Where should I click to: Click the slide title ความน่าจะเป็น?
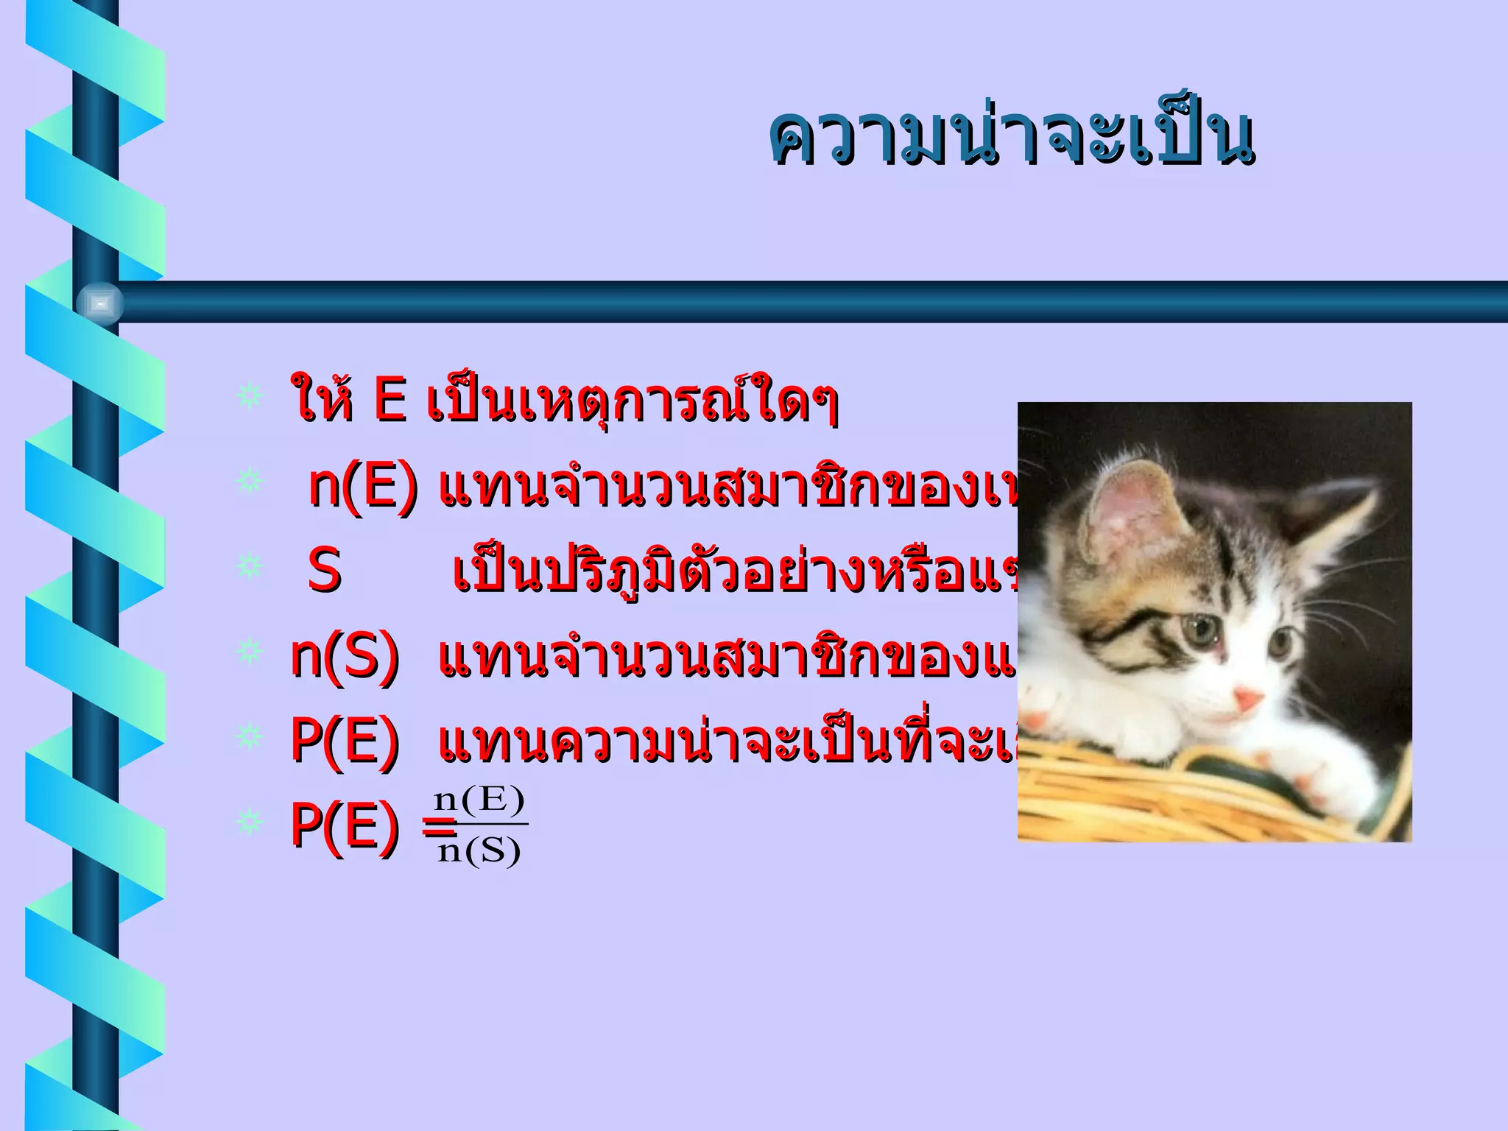(x=1011, y=138)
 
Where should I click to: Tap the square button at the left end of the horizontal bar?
(x=100, y=303)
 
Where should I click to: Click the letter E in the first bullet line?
(x=390, y=400)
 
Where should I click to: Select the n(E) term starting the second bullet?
(x=362, y=487)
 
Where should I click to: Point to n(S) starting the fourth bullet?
(x=345, y=655)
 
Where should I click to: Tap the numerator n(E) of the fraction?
(x=479, y=800)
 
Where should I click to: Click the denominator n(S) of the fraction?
(x=479, y=852)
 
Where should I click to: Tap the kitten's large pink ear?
(x=1135, y=515)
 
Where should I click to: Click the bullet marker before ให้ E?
(x=250, y=396)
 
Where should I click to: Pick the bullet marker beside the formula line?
(x=250, y=822)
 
